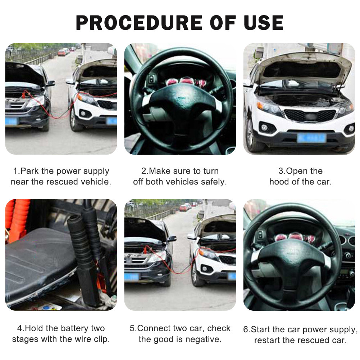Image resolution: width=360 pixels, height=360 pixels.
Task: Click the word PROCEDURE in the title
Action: [139, 23]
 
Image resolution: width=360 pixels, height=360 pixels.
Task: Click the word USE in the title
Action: [263, 23]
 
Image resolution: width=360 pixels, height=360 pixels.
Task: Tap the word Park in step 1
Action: [29, 171]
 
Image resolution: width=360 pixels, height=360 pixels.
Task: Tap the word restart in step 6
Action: [267, 340]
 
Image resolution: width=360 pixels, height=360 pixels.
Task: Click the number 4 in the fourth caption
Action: [20, 328]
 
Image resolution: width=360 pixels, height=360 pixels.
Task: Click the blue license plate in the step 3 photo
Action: [311, 138]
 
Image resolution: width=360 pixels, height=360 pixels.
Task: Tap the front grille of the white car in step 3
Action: [310, 115]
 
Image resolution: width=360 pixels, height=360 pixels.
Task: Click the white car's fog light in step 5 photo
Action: [204, 269]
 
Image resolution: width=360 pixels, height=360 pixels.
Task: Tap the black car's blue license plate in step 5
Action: [131, 277]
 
